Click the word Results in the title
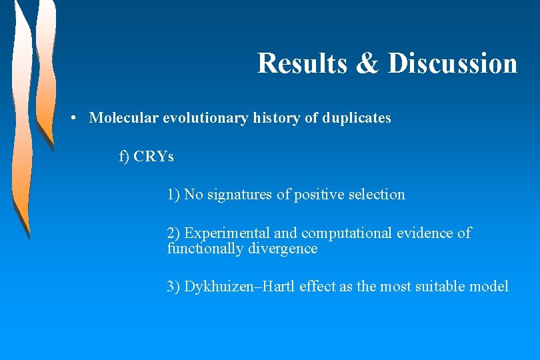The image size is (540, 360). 302,63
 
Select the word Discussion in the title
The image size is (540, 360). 453,63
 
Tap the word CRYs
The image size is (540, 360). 154,157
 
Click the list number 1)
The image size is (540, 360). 173,195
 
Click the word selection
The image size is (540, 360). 376,195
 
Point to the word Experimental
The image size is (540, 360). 227,233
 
